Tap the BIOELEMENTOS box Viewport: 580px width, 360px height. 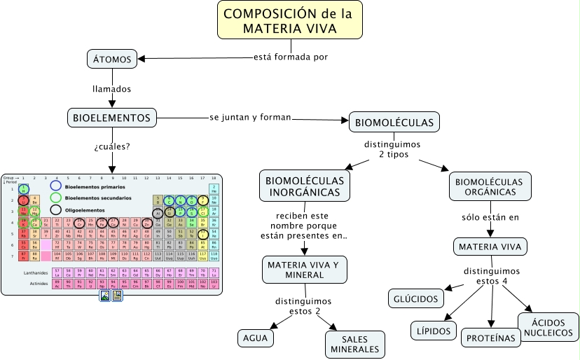point(111,118)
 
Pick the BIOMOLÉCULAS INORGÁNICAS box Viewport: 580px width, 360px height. point(305,187)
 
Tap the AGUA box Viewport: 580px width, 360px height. point(254,337)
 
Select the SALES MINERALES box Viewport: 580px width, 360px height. point(354,343)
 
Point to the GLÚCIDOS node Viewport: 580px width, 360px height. point(416,298)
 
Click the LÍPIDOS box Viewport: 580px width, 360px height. point(433,331)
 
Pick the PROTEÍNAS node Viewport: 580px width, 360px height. point(492,338)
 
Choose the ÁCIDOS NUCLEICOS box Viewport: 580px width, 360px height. point(548,327)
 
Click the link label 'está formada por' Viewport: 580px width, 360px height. point(290,57)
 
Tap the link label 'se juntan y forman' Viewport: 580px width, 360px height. point(250,116)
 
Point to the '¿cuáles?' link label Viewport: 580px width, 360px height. point(112,147)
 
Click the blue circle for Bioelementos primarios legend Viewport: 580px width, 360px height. point(56,187)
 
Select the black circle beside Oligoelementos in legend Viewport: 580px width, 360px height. point(56,209)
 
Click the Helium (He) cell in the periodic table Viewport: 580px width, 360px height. point(214,188)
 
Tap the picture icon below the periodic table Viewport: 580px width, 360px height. point(105,296)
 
